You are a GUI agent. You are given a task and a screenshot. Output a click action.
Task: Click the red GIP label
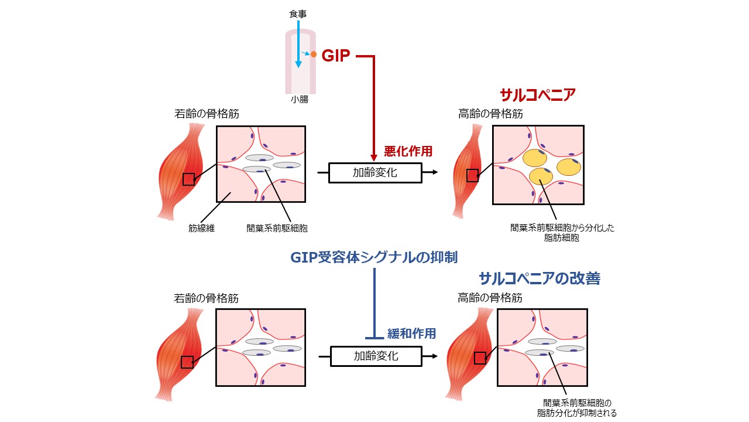(x=335, y=56)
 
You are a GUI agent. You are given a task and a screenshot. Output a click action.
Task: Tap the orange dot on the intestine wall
(x=314, y=55)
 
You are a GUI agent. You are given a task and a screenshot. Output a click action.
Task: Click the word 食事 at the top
(x=297, y=13)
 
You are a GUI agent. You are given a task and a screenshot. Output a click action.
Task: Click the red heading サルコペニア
(x=538, y=95)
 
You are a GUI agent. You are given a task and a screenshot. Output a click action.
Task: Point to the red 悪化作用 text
(x=408, y=151)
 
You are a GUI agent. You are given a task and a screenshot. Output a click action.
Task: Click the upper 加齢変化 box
(x=375, y=173)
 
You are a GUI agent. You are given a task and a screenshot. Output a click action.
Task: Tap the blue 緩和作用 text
(x=411, y=333)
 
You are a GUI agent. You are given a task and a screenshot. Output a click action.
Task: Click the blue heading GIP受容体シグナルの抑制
(x=373, y=257)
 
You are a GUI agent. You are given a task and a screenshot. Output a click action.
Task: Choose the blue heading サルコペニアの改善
(x=539, y=278)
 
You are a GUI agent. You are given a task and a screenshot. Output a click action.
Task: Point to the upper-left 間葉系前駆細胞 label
(x=276, y=229)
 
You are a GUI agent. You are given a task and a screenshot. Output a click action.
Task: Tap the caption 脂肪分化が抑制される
(x=577, y=413)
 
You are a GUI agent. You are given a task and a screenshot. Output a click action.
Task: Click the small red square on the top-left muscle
(x=188, y=179)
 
